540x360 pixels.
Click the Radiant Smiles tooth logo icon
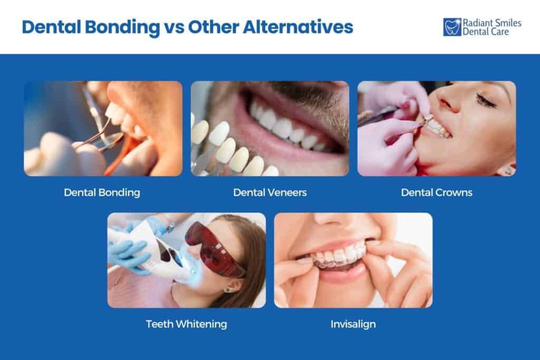point(452,27)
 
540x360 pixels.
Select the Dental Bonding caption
point(102,192)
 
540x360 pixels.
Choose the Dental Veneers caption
point(269,192)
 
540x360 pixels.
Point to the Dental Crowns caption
point(437,192)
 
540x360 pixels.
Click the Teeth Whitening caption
point(186,324)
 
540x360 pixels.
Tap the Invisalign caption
point(353,324)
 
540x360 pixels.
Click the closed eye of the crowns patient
point(486,100)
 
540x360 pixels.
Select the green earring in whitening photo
point(228,289)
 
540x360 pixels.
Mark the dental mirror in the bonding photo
point(108,140)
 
